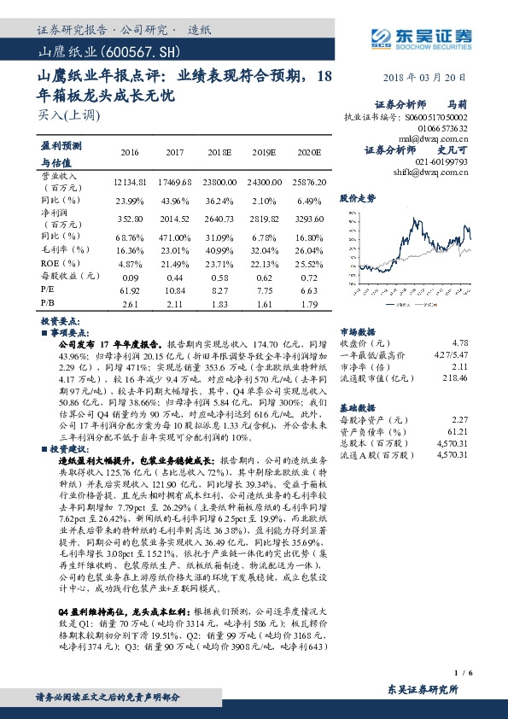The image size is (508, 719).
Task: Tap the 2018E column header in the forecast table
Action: click(x=219, y=152)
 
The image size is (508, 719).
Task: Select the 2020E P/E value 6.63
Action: click(x=309, y=291)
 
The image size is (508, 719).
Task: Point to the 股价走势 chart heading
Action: click(x=358, y=197)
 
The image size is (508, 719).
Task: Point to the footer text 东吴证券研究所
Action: click(x=423, y=689)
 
